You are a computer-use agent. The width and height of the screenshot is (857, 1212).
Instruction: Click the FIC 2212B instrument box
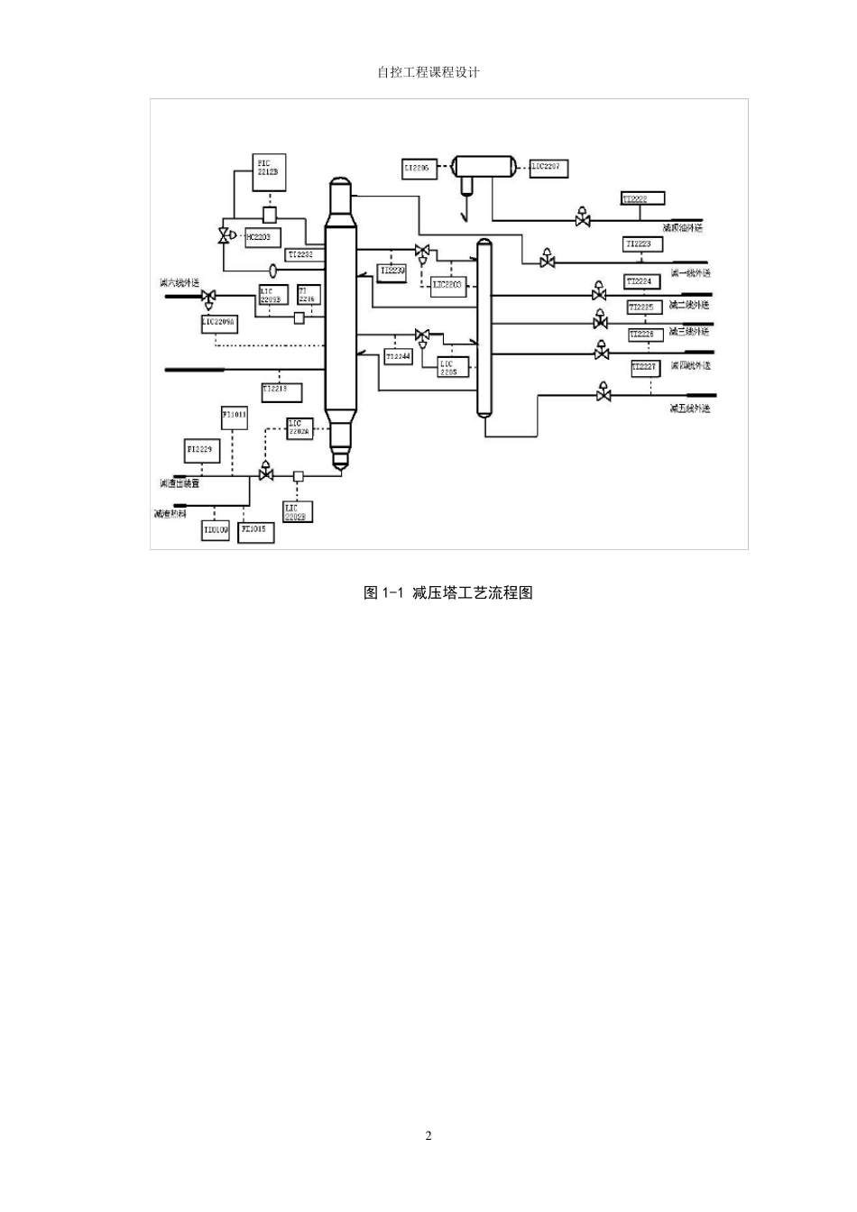(x=270, y=173)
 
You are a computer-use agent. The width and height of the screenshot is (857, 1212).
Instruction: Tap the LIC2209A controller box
(x=219, y=322)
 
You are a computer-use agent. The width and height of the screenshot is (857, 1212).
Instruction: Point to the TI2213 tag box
(x=281, y=391)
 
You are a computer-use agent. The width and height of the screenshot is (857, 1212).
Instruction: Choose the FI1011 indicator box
(x=234, y=418)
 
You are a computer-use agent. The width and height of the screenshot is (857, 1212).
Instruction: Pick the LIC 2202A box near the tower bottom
(x=299, y=428)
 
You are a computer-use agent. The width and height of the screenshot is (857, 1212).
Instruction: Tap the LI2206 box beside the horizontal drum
(x=420, y=168)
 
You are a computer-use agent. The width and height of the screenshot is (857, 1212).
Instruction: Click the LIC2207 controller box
(x=548, y=167)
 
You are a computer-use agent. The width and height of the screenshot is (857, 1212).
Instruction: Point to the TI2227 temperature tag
(x=644, y=368)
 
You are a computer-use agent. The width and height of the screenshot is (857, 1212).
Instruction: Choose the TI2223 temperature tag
(x=643, y=244)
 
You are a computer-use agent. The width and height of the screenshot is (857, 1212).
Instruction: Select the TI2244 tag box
(x=398, y=358)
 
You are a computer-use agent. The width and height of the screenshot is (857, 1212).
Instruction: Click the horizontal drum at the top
(x=484, y=166)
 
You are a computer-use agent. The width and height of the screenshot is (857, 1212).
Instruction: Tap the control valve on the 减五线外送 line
(x=604, y=393)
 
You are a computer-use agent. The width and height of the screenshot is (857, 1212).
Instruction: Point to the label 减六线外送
(x=180, y=283)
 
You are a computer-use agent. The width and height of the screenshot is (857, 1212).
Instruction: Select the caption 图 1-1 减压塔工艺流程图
(x=448, y=592)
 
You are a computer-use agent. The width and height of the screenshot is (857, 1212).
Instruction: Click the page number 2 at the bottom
(x=428, y=1135)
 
